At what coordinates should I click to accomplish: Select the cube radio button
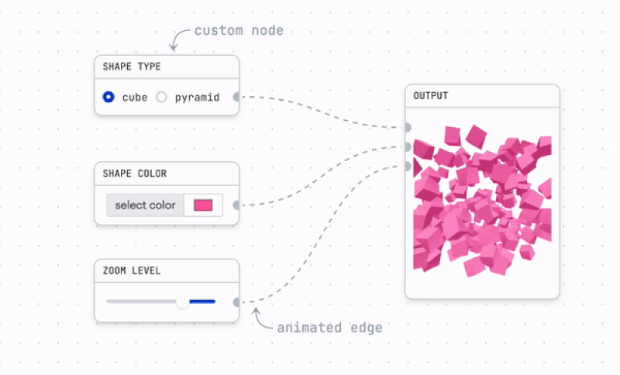coord(108,98)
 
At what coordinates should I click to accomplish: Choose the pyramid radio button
coord(162,98)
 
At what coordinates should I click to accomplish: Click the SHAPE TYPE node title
coord(132,67)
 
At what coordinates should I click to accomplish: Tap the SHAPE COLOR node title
coord(135,174)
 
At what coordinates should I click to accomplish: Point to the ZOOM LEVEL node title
coord(131,270)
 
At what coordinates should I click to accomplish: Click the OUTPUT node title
coord(430,96)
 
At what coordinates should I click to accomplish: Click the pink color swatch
coord(203,205)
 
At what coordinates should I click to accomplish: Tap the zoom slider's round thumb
coord(183,301)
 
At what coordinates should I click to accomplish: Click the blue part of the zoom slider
coord(202,301)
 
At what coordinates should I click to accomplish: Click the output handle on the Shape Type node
coord(236,98)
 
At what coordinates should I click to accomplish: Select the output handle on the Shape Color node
coord(236,205)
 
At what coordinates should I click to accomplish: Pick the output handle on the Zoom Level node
coord(236,302)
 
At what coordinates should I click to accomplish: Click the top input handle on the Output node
coord(408,127)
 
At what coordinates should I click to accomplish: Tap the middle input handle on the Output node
coord(408,146)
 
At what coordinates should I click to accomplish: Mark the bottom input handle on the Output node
coord(408,166)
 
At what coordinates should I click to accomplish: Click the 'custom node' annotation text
coord(239,31)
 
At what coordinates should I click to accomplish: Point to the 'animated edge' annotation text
coord(329,328)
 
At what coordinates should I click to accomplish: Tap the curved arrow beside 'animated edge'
coord(261,318)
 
